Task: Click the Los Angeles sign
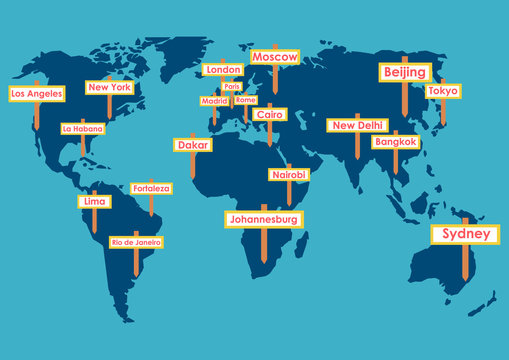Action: tap(37, 93)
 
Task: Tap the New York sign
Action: tap(110, 87)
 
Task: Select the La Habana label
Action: tap(82, 129)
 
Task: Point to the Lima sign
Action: tap(95, 201)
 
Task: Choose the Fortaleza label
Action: tap(151, 188)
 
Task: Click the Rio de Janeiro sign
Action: tap(136, 242)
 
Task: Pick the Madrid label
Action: tap(214, 101)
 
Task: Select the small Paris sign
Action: tap(233, 87)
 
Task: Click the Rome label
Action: tap(246, 100)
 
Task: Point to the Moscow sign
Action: tap(274, 58)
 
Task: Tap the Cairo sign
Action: tap(270, 115)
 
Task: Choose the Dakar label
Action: tap(192, 145)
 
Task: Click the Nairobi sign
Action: tap(289, 175)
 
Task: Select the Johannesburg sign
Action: tap(263, 218)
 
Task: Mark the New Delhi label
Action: tap(357, 126)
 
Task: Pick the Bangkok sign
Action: tap(395, 142)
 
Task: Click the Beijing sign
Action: tap(405, 72)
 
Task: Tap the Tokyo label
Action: tap(443, 91)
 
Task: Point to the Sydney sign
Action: tap(465, 234)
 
